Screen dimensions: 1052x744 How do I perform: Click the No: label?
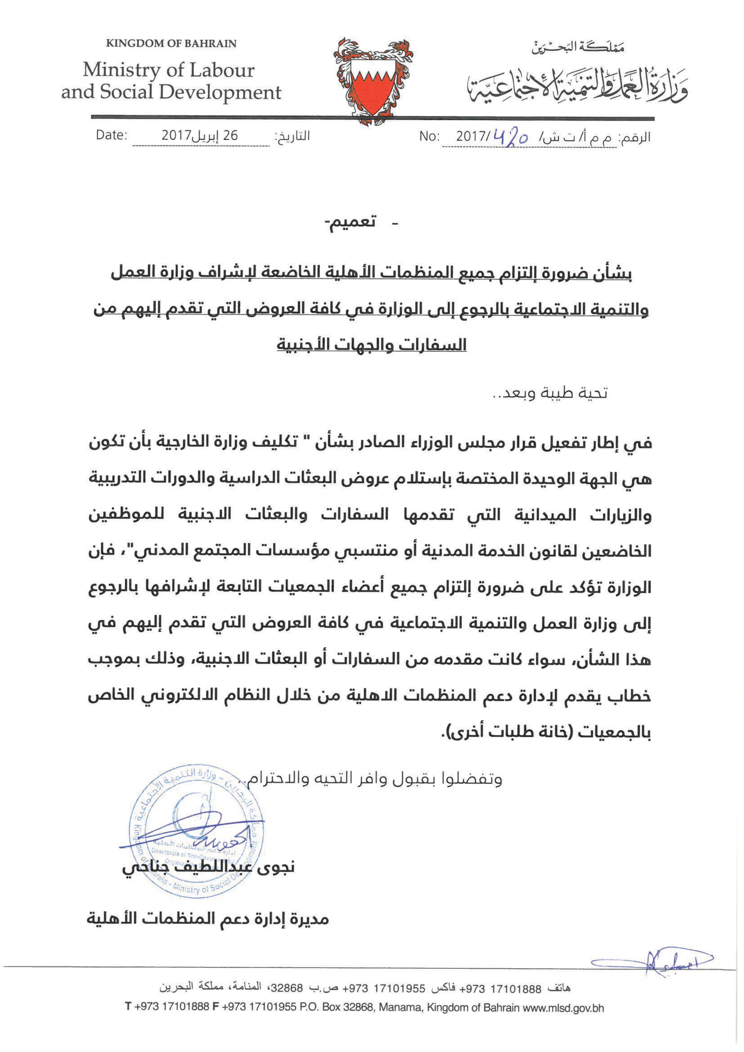click(429, 137)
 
